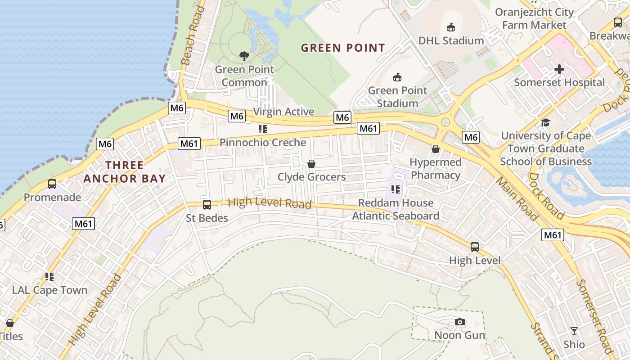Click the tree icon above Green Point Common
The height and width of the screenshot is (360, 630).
pyautogui.click(x=244, y=56)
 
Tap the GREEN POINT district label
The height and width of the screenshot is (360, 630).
pyautogui.click(x=343, y=48)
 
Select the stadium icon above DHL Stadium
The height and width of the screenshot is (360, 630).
pyautogui.click(x=451, y=27)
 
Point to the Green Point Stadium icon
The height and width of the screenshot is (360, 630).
pyautogui.click(x=397, y=77)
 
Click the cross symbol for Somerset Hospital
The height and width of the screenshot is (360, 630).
pyautogui.click(x=559, y=69)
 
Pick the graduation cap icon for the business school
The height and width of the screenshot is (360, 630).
pyautogui.click(x=545, y=122)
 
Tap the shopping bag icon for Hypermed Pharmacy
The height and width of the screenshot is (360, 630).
pyautogui.click(x=436, y=148)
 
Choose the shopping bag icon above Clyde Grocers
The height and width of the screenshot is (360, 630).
pyautogui.click(x=311, y=164)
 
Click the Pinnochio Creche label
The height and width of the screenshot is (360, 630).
pyautogui.click(x=263, y=143)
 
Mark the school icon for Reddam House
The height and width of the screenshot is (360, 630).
pyautogui.click(x=396, y=189)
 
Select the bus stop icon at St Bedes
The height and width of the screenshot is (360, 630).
pyautogui.click(x=207, y=205)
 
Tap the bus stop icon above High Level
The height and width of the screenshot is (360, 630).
pyautogui.click(x=475, y=247)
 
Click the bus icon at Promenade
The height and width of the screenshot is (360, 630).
pyautogui.click(x=52, y=184)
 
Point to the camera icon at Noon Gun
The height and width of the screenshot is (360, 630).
pyautogui.click(x=459, y=322)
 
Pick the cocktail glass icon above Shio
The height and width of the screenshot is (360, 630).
pyautogui.click(x=574, y=331)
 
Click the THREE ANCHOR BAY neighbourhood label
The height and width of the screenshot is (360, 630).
pyautogui.click(x=125, y=172)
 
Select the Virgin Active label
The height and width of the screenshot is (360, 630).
pyautogui.click(x=284, y=112)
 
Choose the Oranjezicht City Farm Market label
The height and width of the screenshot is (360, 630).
pyautogui.click(x=534, y=18)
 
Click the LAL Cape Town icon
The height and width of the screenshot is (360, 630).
pyautogui.click(x=49, y=277)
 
